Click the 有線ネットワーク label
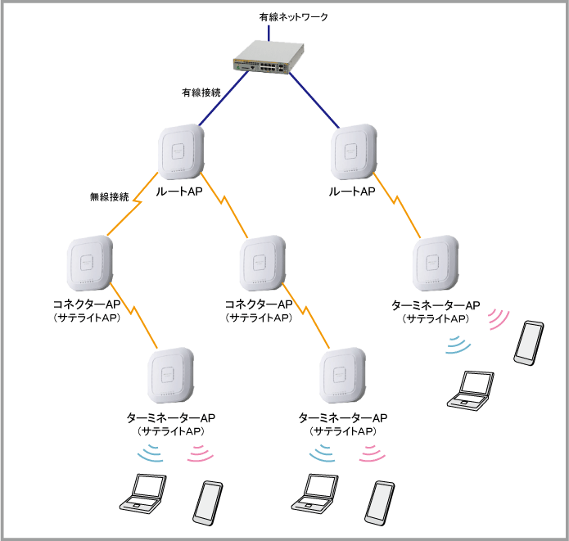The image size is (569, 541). tap(292, 16)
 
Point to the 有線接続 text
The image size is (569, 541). tap(201, 93)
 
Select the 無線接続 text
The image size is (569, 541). tap(110, 197)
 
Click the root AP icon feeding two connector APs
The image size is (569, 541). tap(181, 152)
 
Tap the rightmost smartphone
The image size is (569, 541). tap(528, 343)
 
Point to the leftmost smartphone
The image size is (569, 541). tap(208, 503)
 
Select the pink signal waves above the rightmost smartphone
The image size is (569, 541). tap(497, 320)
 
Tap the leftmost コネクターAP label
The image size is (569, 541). tap(86, 305)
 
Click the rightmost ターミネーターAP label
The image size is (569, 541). tap(436, 306)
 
